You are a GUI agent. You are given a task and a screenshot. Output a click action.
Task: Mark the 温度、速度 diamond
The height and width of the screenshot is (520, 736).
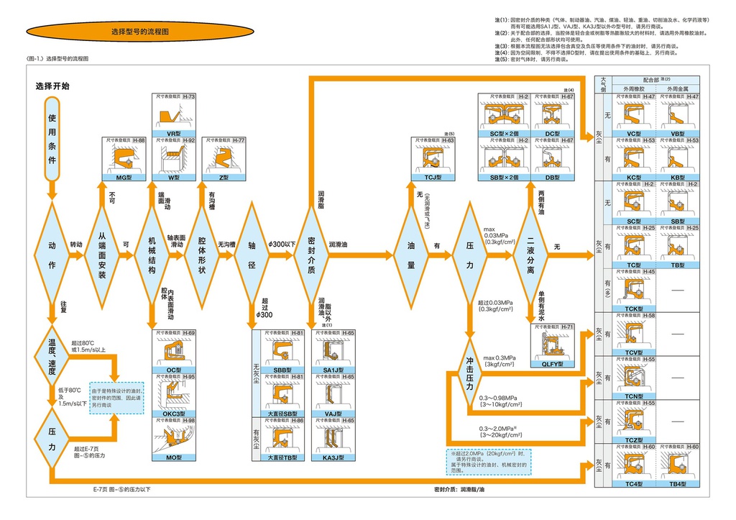click(x=52, y=352)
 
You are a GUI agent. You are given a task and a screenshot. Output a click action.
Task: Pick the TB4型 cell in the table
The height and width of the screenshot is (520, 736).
click(x=678, y=484)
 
